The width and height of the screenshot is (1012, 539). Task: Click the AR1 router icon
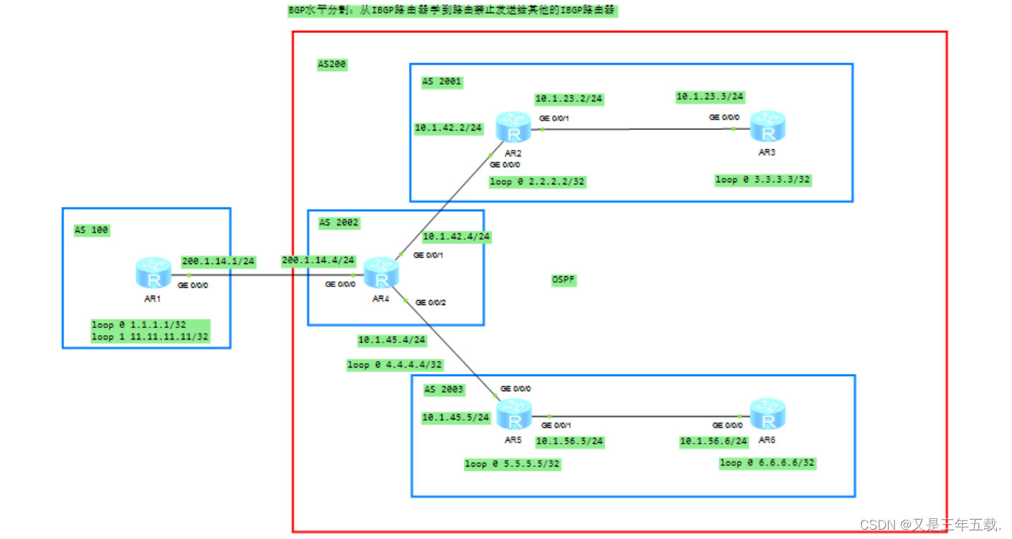click(153, 273)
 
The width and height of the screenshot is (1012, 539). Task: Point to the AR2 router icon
click(513, 128)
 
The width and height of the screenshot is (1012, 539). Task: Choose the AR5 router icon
click(514, 415)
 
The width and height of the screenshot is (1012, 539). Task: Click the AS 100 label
click(92, 230)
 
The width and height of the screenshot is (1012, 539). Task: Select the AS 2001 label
click(442, 82)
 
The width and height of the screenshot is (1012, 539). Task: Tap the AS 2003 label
click(444, 390)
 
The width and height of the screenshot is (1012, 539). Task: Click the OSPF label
click(564, 280)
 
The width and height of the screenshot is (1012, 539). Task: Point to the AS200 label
click(332, 65)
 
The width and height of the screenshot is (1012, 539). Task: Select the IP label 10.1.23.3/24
click(710, 96)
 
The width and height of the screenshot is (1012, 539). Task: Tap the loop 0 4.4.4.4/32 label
click(395, 365)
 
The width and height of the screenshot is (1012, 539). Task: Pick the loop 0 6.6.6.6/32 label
click(767, 463)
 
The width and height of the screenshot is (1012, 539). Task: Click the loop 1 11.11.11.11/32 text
click(150, 336)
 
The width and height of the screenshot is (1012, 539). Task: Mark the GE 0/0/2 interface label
click(430, 303)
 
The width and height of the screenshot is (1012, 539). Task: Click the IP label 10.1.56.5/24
click(570, 441)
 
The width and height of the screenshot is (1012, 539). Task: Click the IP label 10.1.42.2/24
click(449, 128)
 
